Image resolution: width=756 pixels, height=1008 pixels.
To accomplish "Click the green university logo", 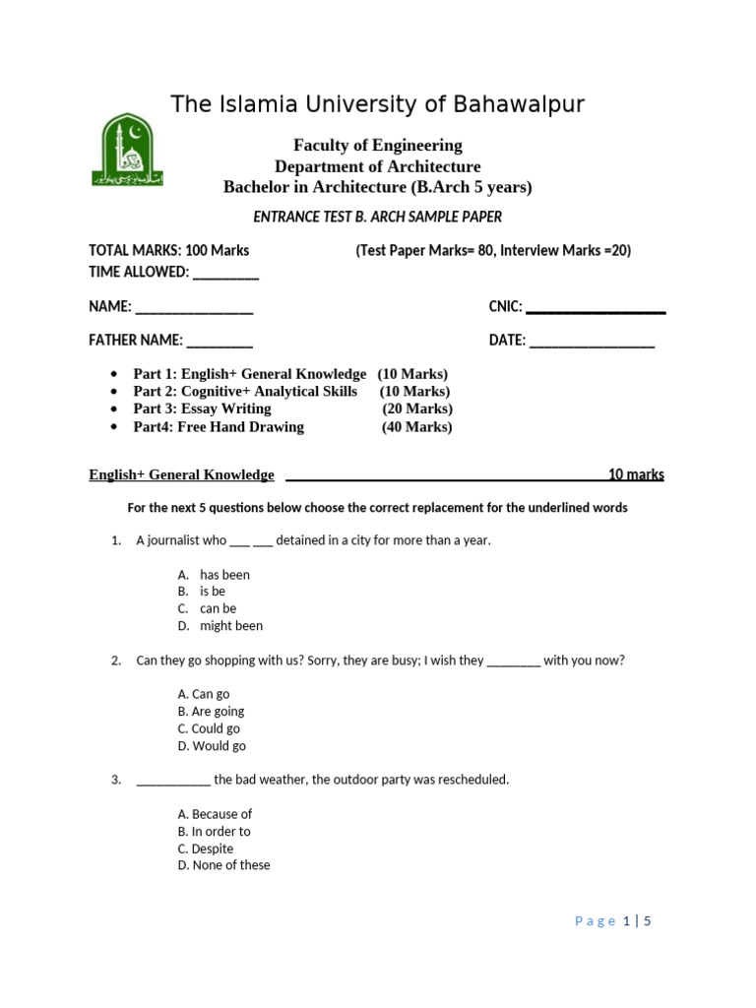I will (x=127, y=150).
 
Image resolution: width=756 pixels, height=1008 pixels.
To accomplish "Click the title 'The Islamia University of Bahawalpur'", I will (x=378, y=104).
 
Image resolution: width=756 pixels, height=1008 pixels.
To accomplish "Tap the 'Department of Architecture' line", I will (x=378, y=166).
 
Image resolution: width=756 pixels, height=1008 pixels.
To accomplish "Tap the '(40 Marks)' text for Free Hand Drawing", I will (x=417, y=427).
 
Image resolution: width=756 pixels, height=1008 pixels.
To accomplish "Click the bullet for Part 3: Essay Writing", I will (x=116, y=409).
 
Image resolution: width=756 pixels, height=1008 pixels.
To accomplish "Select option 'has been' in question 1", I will (x=224, y=575).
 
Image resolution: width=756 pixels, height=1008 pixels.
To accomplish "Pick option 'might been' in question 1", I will (x=231, y=626).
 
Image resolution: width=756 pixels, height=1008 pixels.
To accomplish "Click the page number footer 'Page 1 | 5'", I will (x=613, y=921).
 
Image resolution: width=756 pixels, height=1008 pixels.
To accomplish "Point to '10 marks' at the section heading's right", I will (x=636, y=474).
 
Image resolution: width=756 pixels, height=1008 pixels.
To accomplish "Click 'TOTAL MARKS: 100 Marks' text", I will (x=169, y=251).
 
